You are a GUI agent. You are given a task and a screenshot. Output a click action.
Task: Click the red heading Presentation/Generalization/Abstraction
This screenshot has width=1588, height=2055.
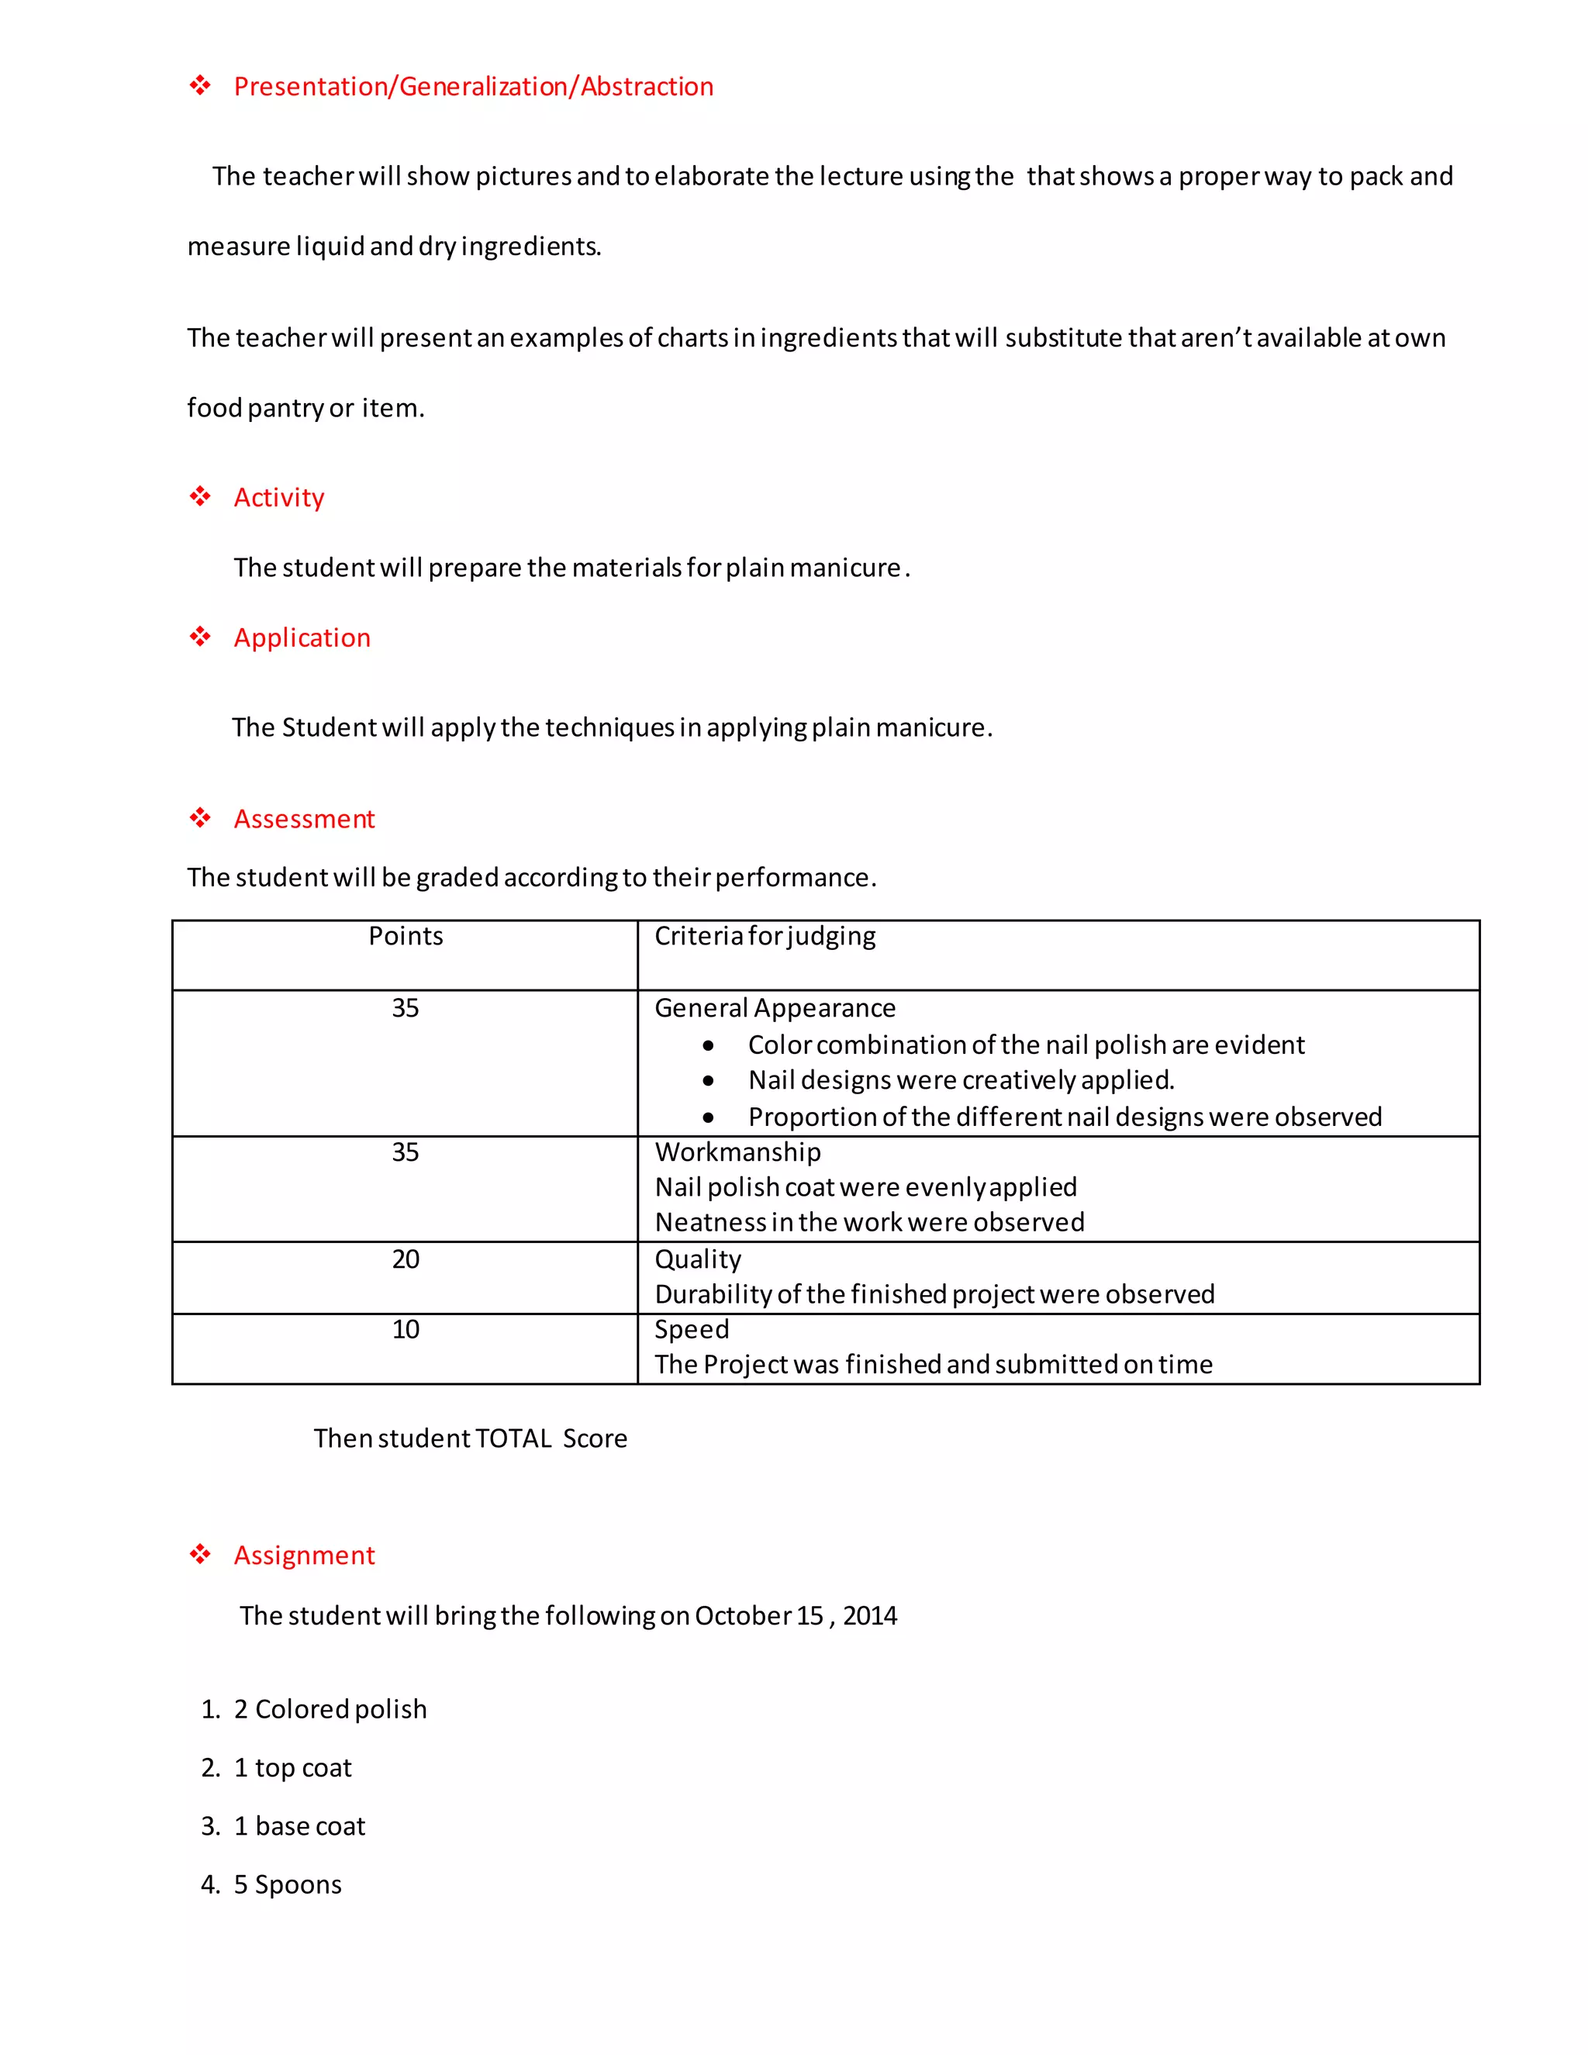pos(473,87)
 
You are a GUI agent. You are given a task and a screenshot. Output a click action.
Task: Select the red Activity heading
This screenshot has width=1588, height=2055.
pos(278,497)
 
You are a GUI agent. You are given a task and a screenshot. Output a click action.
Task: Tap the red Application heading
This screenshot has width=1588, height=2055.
pos(302,638)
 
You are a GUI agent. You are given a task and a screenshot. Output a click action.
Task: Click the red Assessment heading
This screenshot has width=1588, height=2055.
pos(304,819)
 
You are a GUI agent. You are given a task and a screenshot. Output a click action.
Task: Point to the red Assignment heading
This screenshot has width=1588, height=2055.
pos(304,1556)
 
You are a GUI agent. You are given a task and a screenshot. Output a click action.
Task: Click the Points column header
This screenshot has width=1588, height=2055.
pos(406,936)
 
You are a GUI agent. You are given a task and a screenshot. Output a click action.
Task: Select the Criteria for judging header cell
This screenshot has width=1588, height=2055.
pos(765,936)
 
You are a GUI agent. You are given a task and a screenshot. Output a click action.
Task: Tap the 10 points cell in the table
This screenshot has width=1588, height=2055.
pos(406,1329)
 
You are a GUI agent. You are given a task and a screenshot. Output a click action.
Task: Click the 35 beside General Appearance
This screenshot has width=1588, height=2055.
pos(406,1009)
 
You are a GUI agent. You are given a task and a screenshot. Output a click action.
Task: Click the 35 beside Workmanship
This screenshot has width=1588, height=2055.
pos(406,1152)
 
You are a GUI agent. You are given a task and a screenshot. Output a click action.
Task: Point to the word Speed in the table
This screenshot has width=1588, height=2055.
pos(692,1329)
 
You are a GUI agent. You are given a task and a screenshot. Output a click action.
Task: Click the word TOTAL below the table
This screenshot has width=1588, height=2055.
pos(513,1438)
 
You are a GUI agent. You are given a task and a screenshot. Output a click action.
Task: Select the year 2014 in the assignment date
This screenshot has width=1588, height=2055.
pos(870,1615)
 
